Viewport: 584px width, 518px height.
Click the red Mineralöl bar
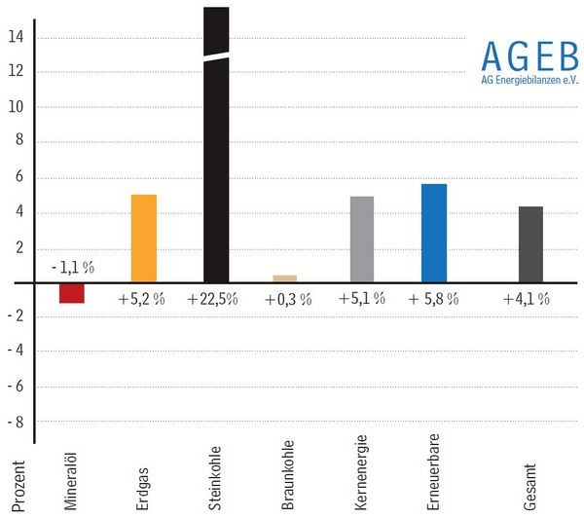pyautogui.click(x=72, y=292)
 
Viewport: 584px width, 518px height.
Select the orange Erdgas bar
pyautogui.click(x=144, y=239)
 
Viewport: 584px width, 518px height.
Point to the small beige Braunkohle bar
pyautogui.click(x=285, y=278)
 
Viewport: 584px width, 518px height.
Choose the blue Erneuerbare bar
pyautogui.click(x=433, y=233)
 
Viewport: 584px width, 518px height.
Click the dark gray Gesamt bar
pyautogui.click(x=530, y=244)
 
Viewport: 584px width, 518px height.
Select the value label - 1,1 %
pyautogui.click(x=73, y=267)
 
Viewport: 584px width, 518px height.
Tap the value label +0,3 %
pyautogui.click(x=288, y=299)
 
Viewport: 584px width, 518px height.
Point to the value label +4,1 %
pyautogui.click(x=527, y=299)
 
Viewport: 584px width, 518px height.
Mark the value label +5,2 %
pyautogui.click(x=141, y=299)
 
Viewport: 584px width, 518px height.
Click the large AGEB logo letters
pyautogui.click(x=529, y=53)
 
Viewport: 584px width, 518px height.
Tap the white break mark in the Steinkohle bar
pyautogui.click(x=216, y=55)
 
